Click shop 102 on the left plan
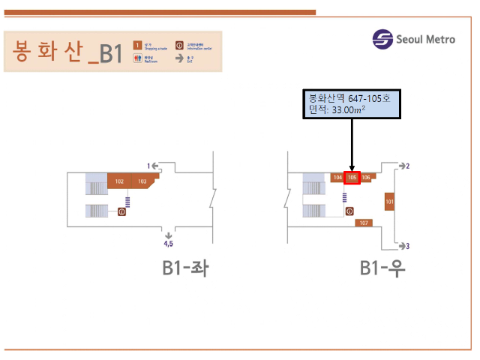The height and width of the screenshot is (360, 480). click(119, 181)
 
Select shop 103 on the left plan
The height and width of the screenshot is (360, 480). click(142, 181)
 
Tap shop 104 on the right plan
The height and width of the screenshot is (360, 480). click(337, 178)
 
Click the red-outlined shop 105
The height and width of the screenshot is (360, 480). click(352, 178)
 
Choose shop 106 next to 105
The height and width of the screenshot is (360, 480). click(366, 178)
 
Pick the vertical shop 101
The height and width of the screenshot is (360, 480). click(389, 202)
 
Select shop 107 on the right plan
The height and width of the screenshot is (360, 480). click(364, 223)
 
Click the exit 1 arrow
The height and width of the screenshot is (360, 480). click(152, 165)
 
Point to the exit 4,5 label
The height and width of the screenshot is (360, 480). click(169, 243)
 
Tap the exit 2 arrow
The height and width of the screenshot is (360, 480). click(404, 166)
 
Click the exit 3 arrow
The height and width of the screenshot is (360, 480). click(404, 245)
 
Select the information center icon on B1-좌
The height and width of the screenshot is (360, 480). click(121, 212)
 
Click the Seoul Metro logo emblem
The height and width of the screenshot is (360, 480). click(383, 40)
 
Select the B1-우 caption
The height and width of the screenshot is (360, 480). click(382, 268)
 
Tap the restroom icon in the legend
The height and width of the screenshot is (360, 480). click(137, 58)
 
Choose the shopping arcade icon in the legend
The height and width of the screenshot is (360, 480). click(137, 45)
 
